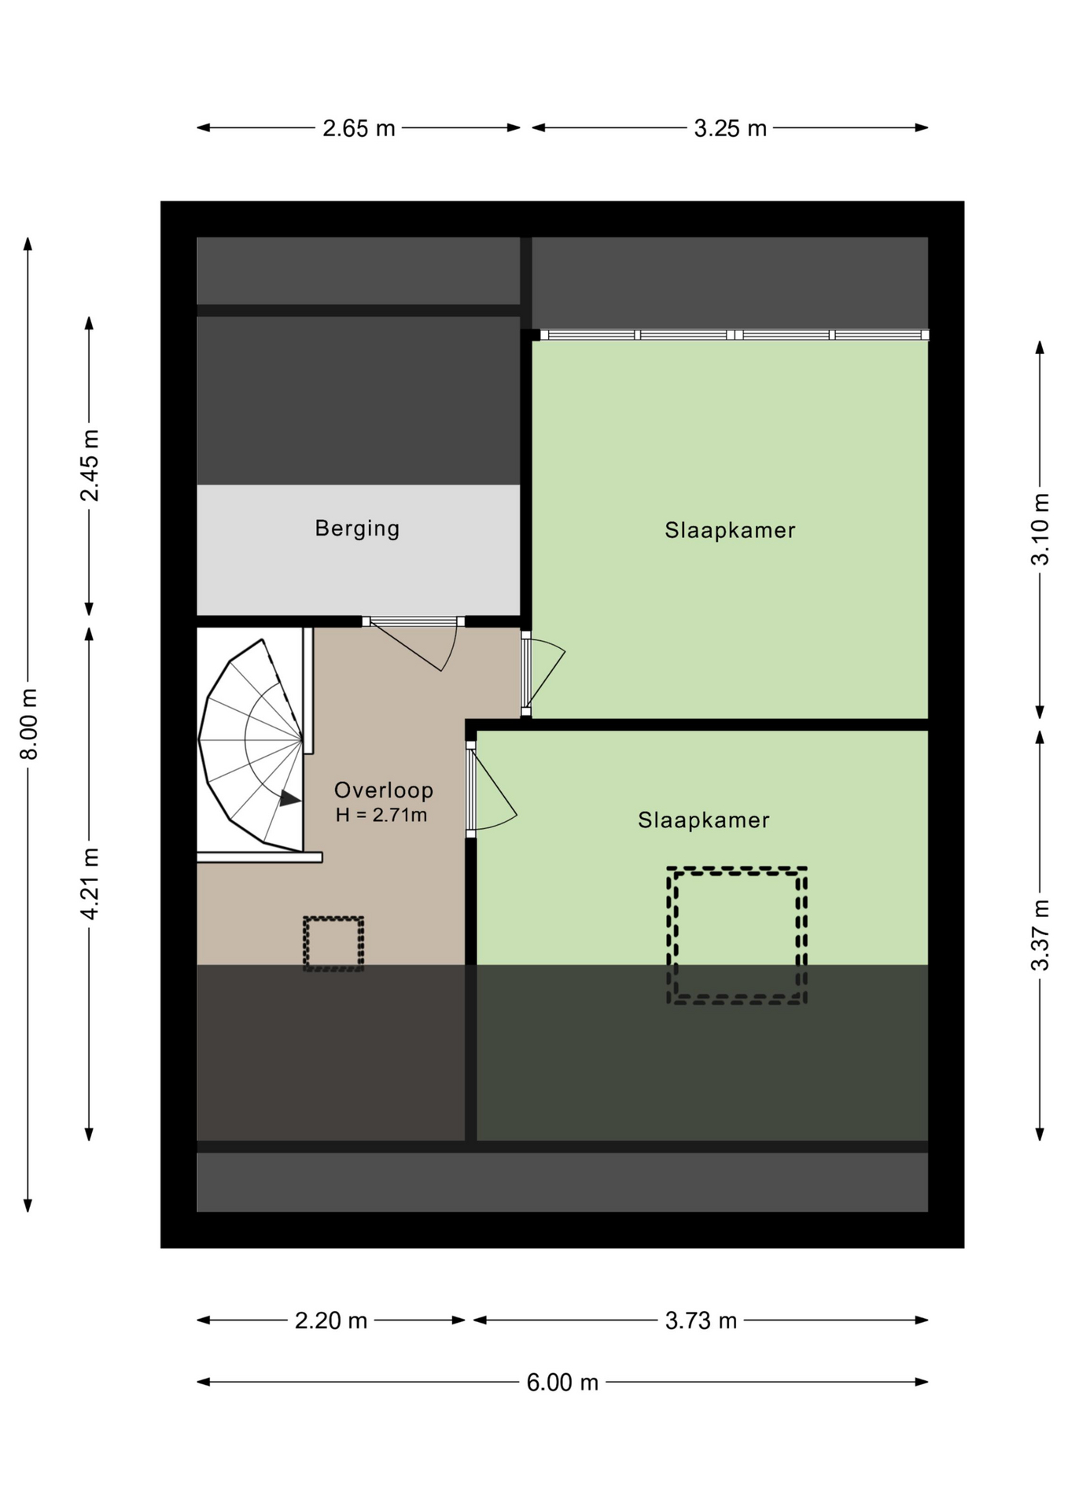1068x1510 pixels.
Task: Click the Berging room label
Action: pyautogui.click(x=357, y=528)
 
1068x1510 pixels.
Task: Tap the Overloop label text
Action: pyautogui.click(x=384, y=790)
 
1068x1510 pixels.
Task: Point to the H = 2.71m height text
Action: pyautogui.click(x=381, y=815)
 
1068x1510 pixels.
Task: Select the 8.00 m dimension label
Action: pyautogui.click(x=29, y=724)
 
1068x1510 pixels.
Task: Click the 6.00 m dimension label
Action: pyautogui.click(x=562, y=1382)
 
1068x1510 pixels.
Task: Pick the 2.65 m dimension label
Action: pyautogui.click(x=359, y=128)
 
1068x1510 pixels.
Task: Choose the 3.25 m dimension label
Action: pyautogui.click(x=730, y=128)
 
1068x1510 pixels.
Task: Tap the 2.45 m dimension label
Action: pyautogui.click(x=90, y=465)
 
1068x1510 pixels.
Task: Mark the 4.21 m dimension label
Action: pyautogui.click(x=90, y=883)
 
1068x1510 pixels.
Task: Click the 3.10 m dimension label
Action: pyautogui.click(x=1040, y=528)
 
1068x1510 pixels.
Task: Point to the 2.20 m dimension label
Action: pyautogui.click(x=331, y=1320)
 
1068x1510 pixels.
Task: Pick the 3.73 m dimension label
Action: pyautogui.click(x=701, y=1320)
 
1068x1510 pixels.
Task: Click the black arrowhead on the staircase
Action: pyautogui.click(x=289, y=798)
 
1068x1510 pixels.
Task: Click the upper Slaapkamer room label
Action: pyautogui.click(x=730, y=531)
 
